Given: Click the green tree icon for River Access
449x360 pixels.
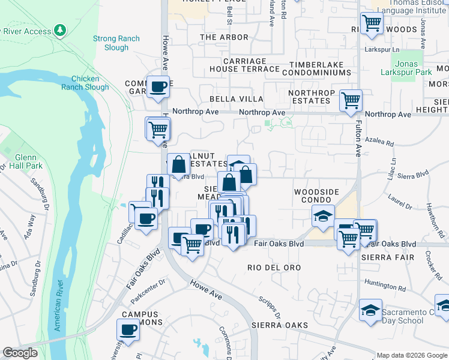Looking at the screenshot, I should tap(59, 30).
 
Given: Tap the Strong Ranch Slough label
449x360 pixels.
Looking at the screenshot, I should tap(116, 43).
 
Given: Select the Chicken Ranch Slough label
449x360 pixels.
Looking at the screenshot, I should tap(90, 83).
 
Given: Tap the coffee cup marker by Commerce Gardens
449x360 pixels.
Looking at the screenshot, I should tap(158, 87).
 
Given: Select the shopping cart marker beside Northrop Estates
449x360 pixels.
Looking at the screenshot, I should tap(351, 100).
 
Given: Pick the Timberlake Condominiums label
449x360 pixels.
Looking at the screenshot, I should tap(319, 68).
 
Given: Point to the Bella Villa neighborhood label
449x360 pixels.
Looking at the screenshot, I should tap(236, 98).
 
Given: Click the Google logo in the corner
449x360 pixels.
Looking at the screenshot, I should tap(20, 353).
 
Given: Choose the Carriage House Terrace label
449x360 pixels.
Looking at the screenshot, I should tap(244, 65).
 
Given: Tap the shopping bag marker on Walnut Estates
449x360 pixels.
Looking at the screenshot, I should tap(179, 163).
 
